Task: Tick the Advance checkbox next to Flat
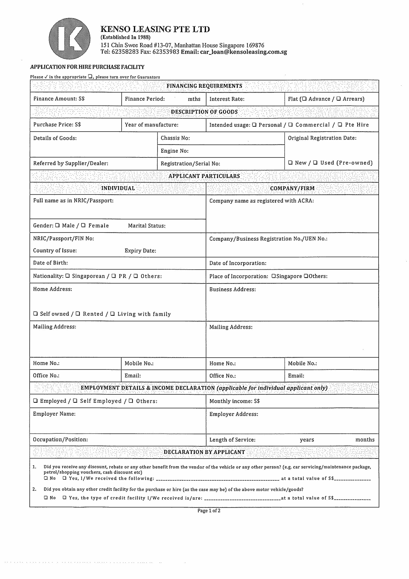304,99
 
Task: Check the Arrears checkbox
338,99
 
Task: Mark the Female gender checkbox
83,225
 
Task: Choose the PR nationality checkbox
114,276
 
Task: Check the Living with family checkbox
112,314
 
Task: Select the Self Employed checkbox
75,401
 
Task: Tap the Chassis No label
175,138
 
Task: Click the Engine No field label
174,151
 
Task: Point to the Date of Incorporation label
238,263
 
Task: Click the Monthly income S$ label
234,401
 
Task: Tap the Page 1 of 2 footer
209,511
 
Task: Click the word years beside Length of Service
307,440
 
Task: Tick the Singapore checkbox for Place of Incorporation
273,276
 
